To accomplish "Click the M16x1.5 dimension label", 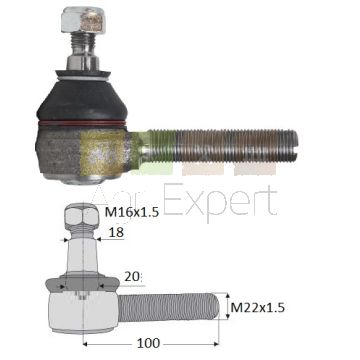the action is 131,211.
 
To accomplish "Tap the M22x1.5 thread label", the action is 258,307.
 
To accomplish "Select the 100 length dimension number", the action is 148,343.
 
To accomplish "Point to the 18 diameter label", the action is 116,233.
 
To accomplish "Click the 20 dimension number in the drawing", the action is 132,277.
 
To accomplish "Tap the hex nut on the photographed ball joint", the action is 83,20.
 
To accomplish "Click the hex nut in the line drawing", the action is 82,216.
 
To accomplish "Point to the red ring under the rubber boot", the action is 82,123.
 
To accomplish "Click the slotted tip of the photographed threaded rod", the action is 292,145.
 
